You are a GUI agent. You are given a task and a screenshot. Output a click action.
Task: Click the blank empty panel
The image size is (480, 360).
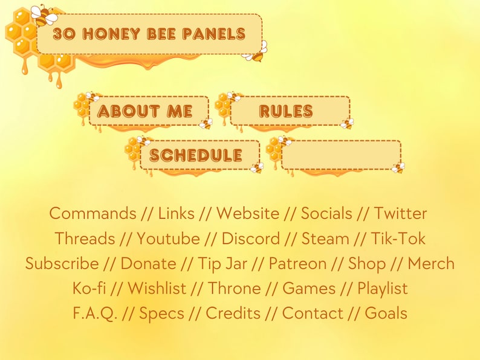tap(340, 155)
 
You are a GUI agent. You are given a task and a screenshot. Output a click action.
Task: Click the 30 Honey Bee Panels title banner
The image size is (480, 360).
tap(149, 34)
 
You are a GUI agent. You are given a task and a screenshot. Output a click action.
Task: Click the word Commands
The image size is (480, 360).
tap(92, 213)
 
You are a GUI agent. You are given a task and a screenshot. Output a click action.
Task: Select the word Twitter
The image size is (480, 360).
tap(400, 213)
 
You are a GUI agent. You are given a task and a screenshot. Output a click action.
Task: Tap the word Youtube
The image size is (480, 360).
tap(168, 239)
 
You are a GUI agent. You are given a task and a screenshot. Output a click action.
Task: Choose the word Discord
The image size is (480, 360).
tap(250, 239)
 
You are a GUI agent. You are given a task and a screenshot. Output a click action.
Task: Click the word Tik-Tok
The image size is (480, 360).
tap(398, 239)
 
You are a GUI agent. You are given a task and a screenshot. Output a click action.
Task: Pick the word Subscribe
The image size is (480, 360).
tap(62, 264)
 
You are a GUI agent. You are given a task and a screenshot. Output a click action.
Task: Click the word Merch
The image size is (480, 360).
tap(431, 264)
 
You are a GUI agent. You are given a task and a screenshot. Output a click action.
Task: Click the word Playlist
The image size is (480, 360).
tap(382, 289)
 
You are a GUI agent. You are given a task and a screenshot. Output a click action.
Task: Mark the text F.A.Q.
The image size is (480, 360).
tap(95, 313)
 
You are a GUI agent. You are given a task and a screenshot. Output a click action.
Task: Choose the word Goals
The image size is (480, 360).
tap(386, 313)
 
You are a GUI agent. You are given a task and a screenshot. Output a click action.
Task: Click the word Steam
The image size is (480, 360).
tap(325, 239)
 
